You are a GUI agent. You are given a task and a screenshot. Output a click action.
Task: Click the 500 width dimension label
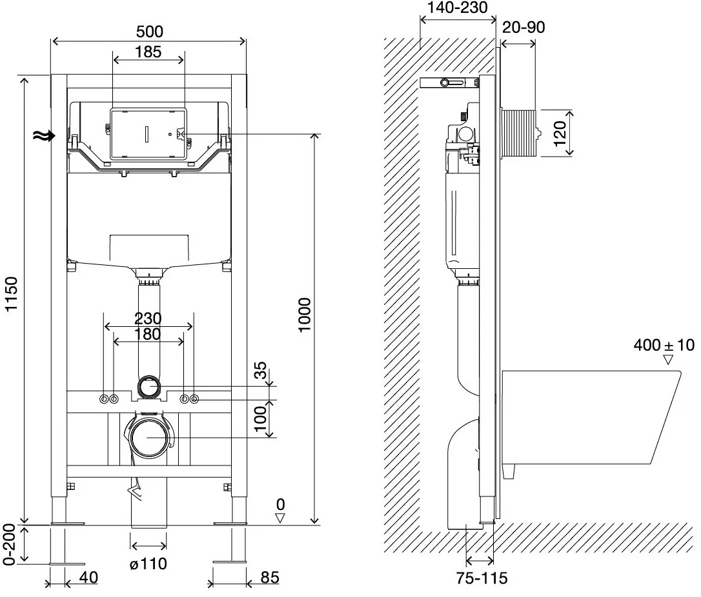pos(149,32)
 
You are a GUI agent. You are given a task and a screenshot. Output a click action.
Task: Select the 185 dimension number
pos(148,52)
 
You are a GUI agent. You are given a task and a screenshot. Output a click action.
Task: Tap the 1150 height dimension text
pos(10,294)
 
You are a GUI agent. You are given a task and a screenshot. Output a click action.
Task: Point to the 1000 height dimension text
pos(305,315)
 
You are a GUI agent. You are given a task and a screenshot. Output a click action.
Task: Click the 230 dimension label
pos(148,318)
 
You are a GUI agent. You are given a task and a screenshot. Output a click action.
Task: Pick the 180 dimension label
pos(148,334)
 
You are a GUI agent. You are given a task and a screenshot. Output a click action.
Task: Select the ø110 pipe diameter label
pos(148,563)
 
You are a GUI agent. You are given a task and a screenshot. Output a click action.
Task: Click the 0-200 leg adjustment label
pos(9,544)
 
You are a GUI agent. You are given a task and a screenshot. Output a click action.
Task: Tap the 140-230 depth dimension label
pos(458,8)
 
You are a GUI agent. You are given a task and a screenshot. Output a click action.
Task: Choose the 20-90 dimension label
pos(523,27)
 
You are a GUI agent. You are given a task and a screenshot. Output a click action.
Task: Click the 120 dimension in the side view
pos(560,133)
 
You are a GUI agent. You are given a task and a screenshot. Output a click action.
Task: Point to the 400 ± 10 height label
pos(664,345)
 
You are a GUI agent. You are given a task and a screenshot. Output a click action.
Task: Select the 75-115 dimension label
pos(482,578)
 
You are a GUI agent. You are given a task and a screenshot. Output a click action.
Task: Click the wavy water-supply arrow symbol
pos(45,135)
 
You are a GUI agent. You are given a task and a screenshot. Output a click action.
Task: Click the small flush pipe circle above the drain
pos(148,386)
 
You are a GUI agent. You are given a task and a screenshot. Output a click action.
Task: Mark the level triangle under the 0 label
pos(280,518)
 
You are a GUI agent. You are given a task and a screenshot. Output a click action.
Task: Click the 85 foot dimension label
pos(270,578)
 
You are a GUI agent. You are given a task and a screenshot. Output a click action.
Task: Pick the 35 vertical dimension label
pos(260,371)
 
